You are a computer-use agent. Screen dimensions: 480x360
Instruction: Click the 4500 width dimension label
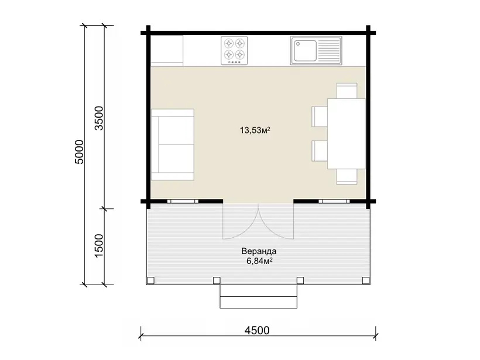tap(257, 330)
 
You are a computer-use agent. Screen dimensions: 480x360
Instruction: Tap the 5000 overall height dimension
tap(79, 152)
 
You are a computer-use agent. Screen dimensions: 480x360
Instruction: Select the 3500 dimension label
tap(99, 118)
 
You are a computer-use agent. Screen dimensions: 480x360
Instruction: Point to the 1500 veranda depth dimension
tap(99, 246)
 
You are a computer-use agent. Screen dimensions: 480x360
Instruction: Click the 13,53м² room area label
tap(255, 131)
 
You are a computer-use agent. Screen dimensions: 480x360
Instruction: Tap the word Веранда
tap(259, 251)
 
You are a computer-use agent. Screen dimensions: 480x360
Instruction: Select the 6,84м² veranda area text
tap(259, 261)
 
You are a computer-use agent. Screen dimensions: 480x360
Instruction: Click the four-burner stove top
tap(234, 51)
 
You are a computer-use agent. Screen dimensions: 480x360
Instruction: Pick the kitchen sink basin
tap(304, 51)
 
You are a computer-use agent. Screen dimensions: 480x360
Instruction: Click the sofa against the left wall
tap(173, 145)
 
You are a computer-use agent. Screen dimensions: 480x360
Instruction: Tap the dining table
tap(346, 133)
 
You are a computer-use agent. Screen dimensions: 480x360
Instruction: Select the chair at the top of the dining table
tap(347, 91)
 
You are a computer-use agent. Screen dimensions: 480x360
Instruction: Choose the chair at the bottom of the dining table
tap(347, 177)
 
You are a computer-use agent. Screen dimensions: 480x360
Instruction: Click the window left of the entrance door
tap(183, 201)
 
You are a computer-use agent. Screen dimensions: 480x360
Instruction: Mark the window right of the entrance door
tap(334, 201)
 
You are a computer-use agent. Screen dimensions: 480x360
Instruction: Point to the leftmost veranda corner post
tap(150, 280)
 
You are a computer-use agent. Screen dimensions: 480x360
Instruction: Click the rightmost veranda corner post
tap(365, 280)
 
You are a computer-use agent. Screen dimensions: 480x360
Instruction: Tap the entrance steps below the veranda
tap(259, 296)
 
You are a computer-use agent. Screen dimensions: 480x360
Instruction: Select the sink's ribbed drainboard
tap(329, 51)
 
